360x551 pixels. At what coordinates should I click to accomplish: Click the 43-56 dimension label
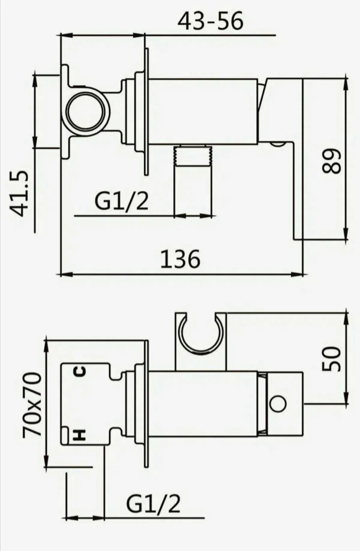(x=210, y=21)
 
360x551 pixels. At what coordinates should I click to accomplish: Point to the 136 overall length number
(x=180, y=259)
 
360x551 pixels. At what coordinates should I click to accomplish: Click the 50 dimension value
(x=331, y=359)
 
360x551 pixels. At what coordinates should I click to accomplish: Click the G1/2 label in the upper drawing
(x=121, y=201)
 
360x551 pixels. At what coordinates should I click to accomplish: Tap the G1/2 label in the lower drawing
(x=153, y=504)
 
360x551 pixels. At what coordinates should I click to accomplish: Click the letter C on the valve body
(x=80, y=372)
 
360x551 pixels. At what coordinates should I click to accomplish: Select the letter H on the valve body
(x=80, y=435)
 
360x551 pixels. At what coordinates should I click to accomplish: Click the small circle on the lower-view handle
(x=278, y=403)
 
